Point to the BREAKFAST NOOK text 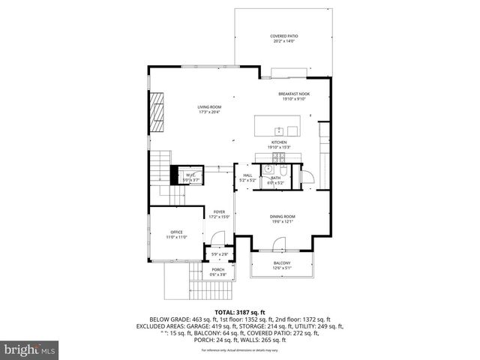coord(294,96)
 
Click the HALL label coord(247,178)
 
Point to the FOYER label coord(219,214)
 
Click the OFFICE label coord(176,234)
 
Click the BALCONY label coord(281,265)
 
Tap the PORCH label coord(217,271)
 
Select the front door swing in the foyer coord(217,239)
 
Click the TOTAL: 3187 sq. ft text coord(240,312)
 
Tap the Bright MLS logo coord(30,349)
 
